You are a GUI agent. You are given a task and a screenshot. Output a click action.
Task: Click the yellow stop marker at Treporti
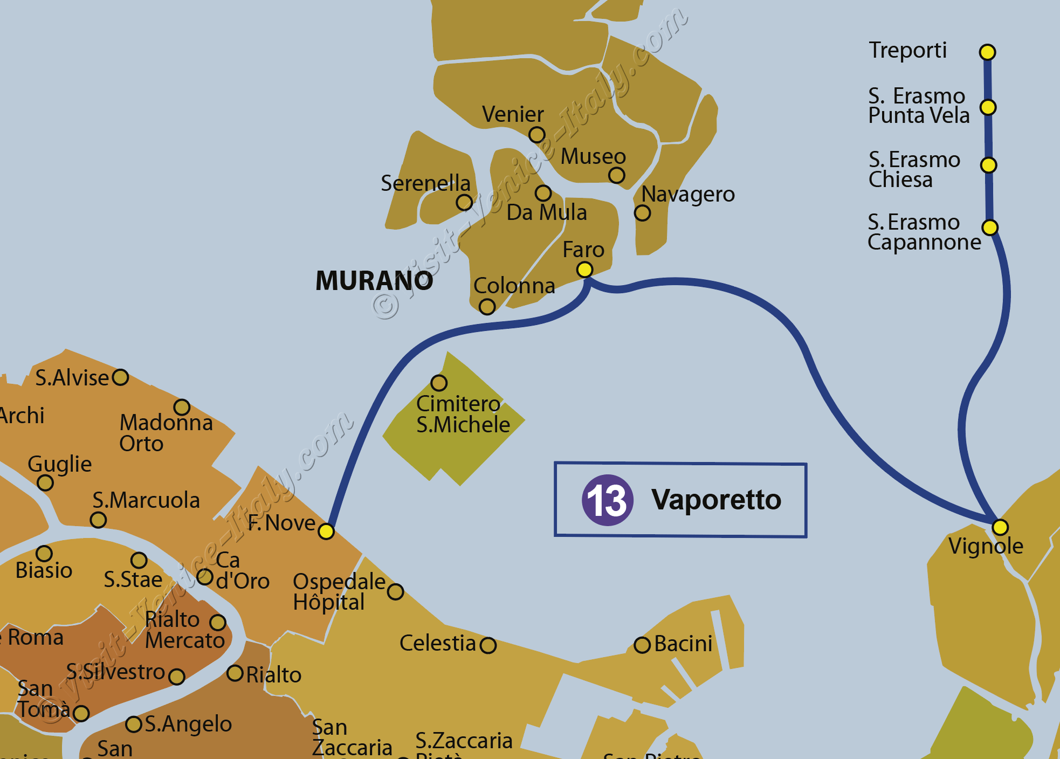click(987, 52)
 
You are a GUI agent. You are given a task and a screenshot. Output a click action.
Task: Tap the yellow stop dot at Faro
click(584, 270)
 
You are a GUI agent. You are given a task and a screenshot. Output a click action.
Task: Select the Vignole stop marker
click(1000, 527)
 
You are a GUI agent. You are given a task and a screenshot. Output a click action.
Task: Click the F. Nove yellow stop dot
click(326, 532)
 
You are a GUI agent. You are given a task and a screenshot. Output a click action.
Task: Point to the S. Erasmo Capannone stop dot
click(990, 227)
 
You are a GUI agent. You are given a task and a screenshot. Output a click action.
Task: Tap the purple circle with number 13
click(607, 500)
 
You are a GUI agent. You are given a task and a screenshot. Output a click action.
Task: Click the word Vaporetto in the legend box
click(716, 500)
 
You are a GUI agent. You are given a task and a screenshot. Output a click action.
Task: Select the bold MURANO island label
click(374, 281)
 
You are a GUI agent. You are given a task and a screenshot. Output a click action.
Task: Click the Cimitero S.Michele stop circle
click(439, 383)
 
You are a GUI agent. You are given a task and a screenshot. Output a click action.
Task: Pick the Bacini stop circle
click(642, 645)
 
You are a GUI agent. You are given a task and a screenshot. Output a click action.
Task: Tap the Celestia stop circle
click(488, 645)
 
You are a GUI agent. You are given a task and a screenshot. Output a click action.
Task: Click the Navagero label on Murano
click(688, 194)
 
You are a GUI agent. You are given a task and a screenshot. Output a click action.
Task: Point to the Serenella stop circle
click(464, 203)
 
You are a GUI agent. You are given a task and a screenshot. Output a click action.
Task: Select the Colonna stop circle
click(487, 307)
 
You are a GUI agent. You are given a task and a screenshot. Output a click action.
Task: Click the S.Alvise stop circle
click(120, 377)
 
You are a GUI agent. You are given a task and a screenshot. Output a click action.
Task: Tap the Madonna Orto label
click(166, 433)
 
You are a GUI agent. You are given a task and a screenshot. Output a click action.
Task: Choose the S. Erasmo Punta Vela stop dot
click(988, 107)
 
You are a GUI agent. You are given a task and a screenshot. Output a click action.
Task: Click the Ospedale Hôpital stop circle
click(396, 592)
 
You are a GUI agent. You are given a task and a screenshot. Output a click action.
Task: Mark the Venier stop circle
click(537, 135)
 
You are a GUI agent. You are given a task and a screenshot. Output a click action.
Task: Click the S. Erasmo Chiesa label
click(914, 169)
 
